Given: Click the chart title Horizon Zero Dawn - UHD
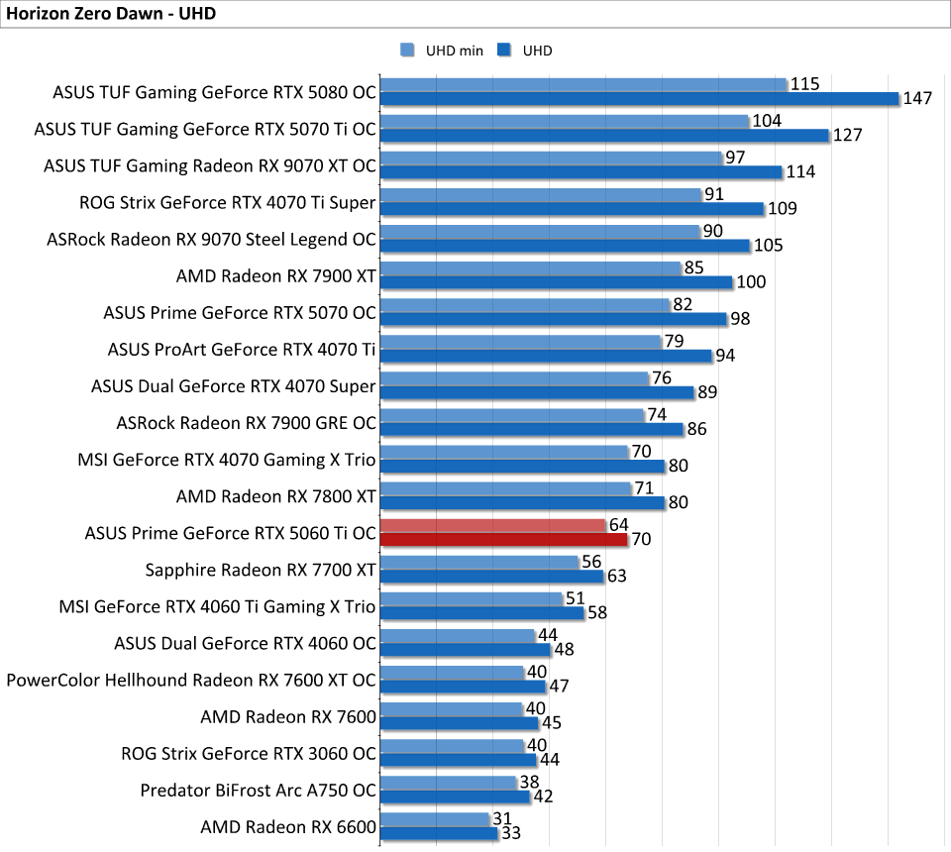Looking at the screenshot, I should [x=111, y=14].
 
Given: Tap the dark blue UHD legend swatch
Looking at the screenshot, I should [x=504, y=51].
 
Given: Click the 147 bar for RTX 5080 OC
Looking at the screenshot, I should [x=639, y=99].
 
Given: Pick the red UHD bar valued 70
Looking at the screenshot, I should [x=503, y=540].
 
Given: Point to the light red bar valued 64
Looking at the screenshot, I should [x=492, y=525].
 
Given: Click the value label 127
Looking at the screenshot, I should [x=847, y=136].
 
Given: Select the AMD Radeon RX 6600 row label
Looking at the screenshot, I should [x=288, y=826].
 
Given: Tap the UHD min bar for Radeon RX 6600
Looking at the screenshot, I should [x=435, y=819].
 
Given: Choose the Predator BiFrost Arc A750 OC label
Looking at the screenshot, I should [x=259, y=790].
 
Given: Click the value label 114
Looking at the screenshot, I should [x=800, y=172].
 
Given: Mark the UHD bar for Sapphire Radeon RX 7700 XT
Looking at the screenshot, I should [x=491, y=577].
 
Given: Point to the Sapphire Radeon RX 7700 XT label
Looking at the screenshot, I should [x=261, y=570].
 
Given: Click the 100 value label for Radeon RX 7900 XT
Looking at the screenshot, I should [x=751, y=282].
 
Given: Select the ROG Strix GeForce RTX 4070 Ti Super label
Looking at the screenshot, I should [x=228, y=203].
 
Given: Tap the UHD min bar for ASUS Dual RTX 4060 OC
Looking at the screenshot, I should [x=458, y=635].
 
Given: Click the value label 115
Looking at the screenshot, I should [x=804, y=84].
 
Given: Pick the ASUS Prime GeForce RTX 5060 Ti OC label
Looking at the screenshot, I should [x=232, y=533].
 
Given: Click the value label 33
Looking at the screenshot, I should [x=512, y=833].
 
